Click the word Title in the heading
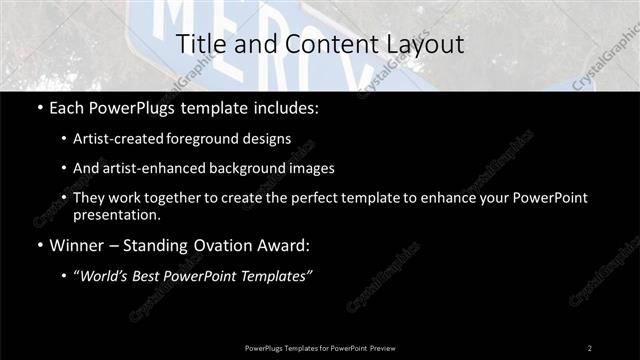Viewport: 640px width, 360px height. pyautogui.click(x=200, y=44)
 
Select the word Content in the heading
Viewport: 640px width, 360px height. pyautogui.click(x=313, y=44)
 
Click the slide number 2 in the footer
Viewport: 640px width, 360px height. pyautogui.click(x=590, y=347)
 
